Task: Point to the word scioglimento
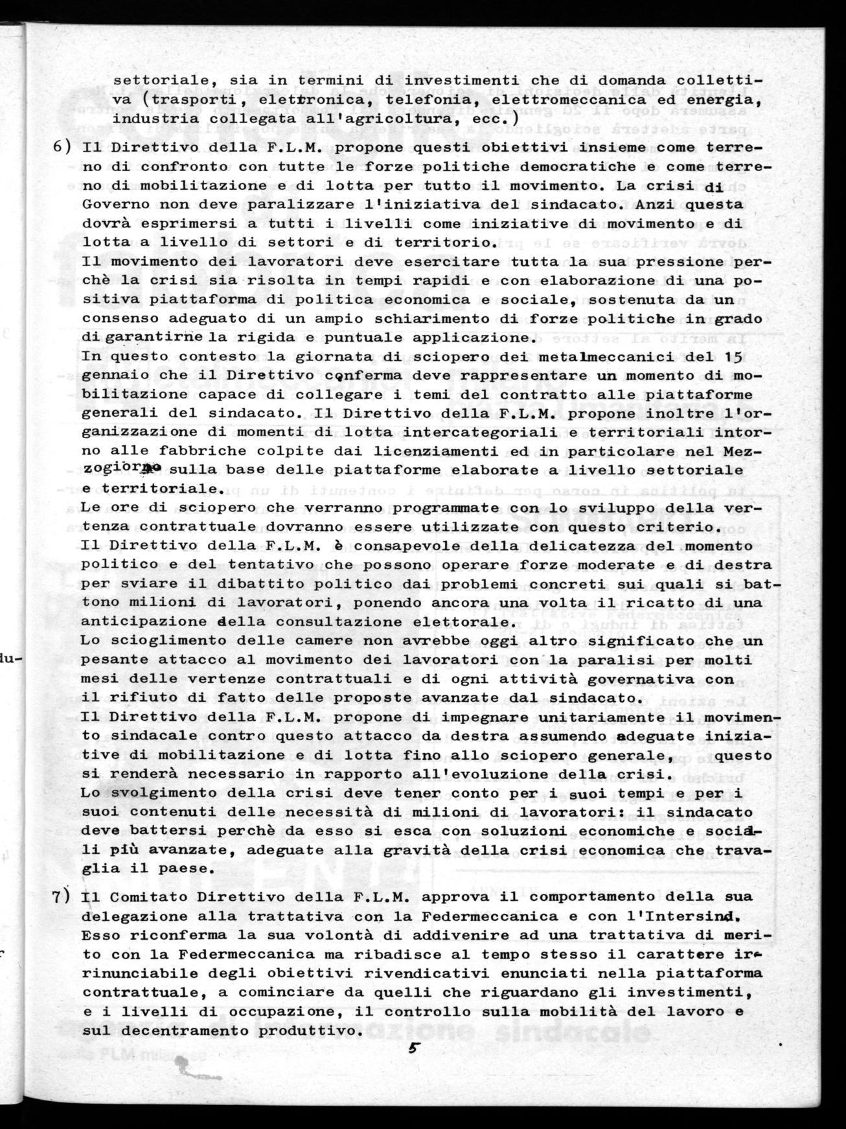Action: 164,641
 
